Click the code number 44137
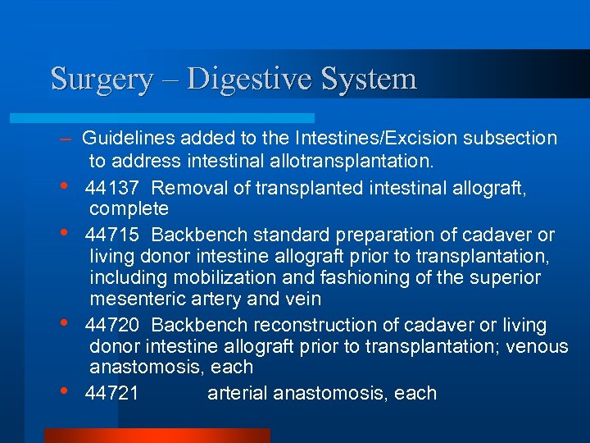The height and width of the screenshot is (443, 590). [112, 188]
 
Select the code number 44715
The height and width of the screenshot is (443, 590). [112, 235]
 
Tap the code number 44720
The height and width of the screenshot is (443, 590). [112, 326]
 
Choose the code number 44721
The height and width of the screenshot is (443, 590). [112, 394]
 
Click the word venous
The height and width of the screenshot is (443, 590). [538, 347]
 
